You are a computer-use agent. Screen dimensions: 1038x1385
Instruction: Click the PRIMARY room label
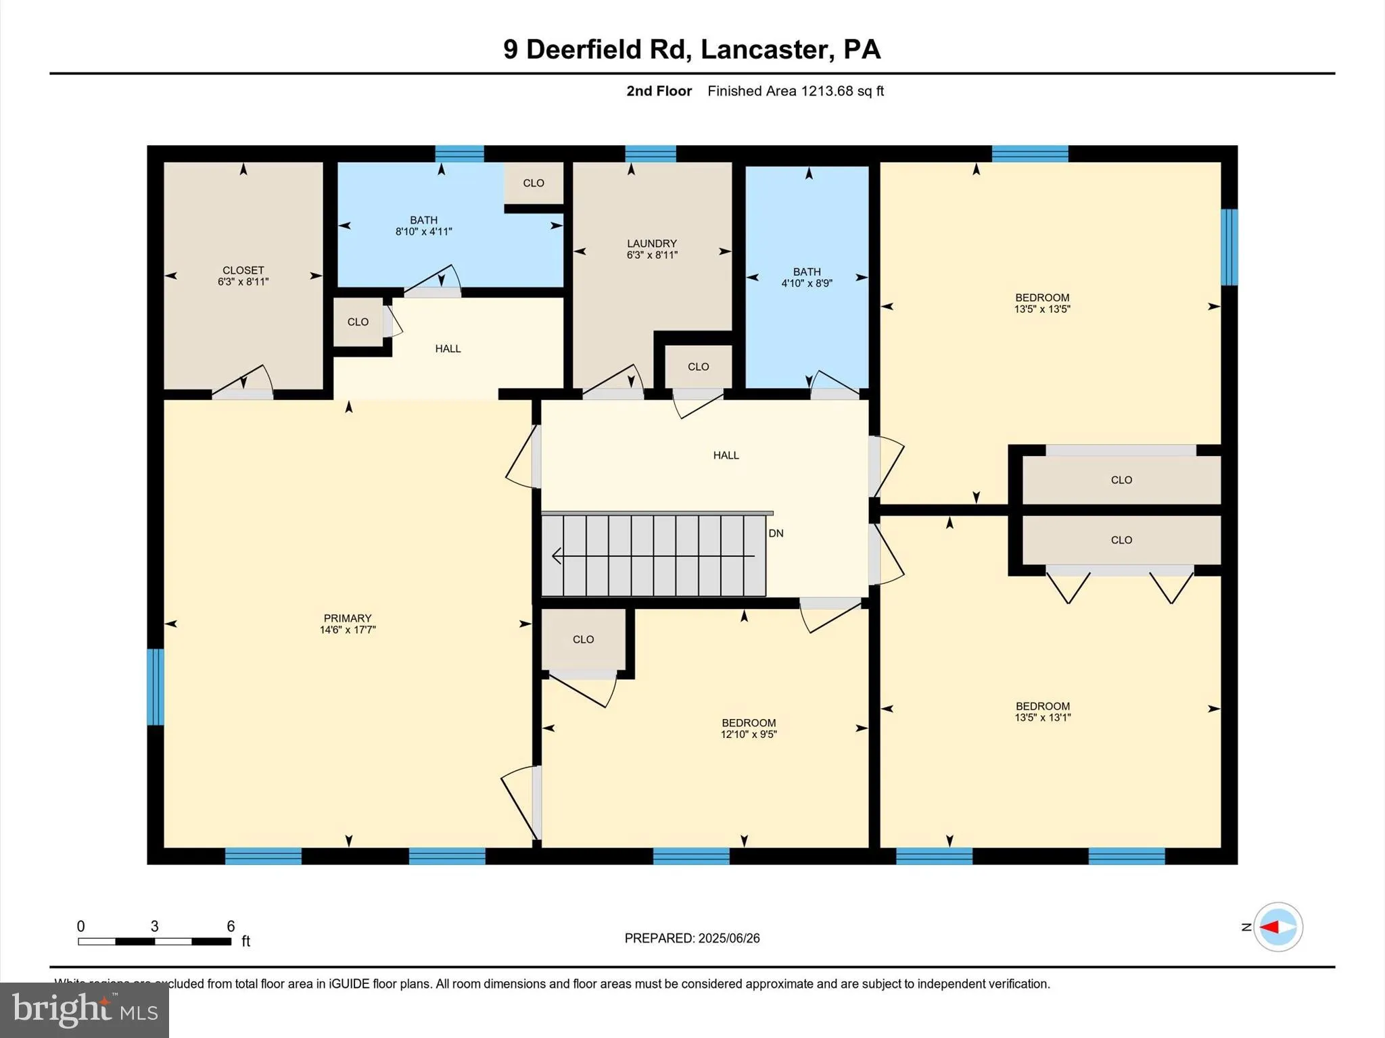tap(348, 618)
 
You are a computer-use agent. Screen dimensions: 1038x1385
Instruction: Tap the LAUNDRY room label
tap(651, 243)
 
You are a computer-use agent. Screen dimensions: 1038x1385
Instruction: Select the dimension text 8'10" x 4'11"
tap(423, 232)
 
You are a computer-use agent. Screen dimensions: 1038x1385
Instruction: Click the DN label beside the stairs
tap(776, 533)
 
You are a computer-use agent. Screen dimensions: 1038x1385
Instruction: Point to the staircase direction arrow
tap(653, 556)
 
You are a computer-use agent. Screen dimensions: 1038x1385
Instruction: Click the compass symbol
tap(1277, 927)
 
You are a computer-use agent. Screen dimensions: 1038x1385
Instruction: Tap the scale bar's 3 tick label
tap(154, 926)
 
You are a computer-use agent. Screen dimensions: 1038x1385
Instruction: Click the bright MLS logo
tap(85, 1010)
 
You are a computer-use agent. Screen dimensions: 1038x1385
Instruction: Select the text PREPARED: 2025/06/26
tap(692, 938)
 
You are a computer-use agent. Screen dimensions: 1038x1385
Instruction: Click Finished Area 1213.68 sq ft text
tap(795, 91)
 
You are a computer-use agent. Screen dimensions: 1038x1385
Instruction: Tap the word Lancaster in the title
tap(764, 49)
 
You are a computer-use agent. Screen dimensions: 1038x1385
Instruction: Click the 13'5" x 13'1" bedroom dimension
tap(1042, 718)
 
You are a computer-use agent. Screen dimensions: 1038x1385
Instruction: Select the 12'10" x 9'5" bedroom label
tap(749, 728)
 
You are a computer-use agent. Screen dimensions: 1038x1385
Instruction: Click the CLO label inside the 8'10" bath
tap(534, 183)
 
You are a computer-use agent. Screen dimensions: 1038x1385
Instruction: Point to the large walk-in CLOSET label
tap(243, 270)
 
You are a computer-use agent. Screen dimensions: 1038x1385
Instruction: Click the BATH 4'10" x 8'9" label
tap(807, 277)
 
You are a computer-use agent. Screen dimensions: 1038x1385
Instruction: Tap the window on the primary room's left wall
tap(156, 687)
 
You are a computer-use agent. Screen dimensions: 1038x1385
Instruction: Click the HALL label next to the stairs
tap(726, 455)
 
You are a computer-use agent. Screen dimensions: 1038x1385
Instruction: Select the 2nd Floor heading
tap(659, 91)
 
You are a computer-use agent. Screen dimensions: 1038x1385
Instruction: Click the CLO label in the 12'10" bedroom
tap(583, 639)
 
